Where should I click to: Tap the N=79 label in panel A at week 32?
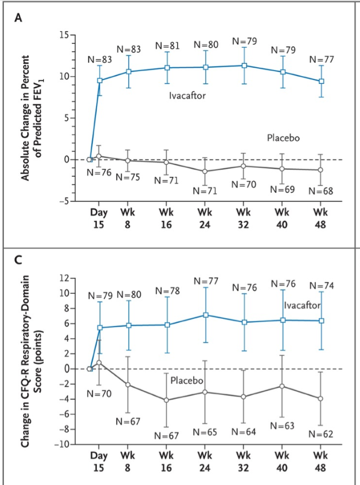pyautogui.click(x=244, y=41)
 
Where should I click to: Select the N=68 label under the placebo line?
pyautogui.click(x=321, y=191)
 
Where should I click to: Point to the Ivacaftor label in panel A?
pyautogui.click(x=188, y=96)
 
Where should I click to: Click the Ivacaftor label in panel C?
pyautogui.click(x=302, y=306)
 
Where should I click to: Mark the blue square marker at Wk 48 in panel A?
pyautogui.click(x=321, y=81)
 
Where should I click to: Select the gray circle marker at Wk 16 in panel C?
pyautogui.click(x=166, y=400)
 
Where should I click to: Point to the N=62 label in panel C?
pyautogui.click(x=321, y=434)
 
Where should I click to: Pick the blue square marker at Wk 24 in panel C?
pyautogui.click(x=206, y=315)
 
